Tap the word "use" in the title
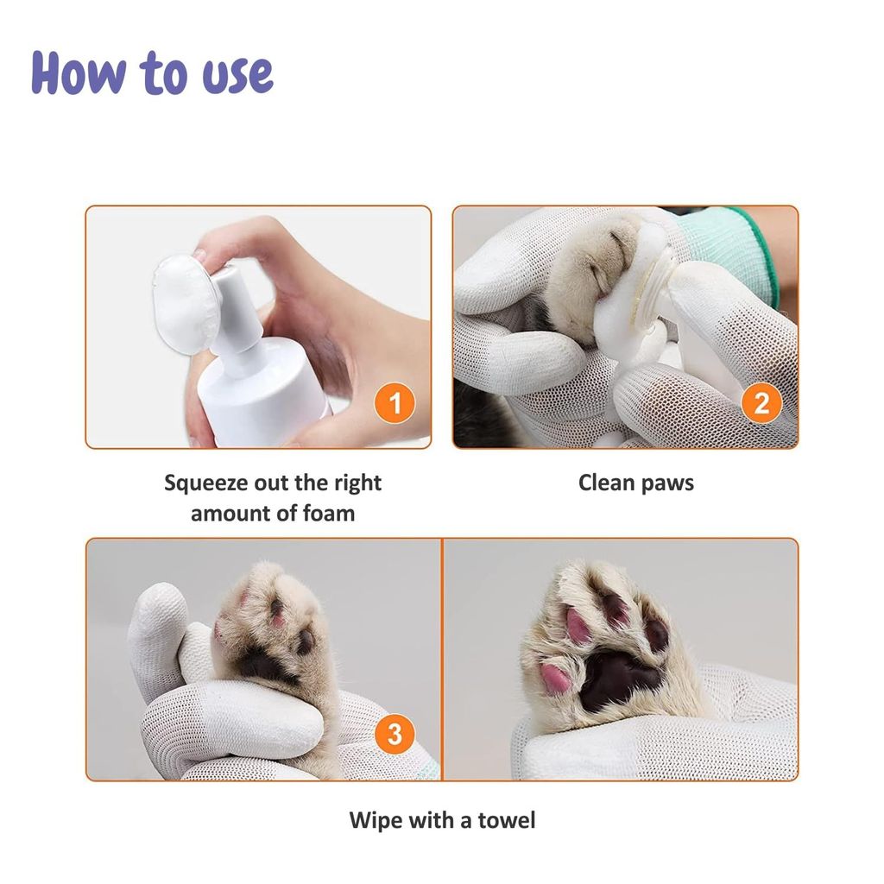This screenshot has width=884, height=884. point(237,75)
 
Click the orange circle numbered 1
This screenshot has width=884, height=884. point(395,404)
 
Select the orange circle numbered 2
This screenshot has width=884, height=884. point(761,404)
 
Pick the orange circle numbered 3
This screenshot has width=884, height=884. point(395,735)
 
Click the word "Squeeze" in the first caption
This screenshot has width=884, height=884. point(205,483)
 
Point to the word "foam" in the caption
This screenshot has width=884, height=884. point(328,514)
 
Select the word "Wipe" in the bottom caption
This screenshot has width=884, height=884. point(376,819)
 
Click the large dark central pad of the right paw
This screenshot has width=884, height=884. point(616,677)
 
